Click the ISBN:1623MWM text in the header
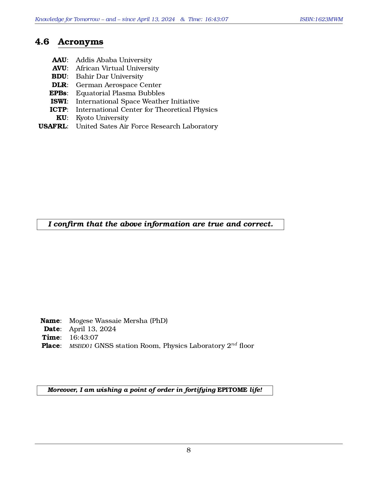pos(321,19)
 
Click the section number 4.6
pos(42,42)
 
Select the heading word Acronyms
pos(81,42)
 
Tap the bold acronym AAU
pos(59,60)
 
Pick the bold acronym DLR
pos(59,85)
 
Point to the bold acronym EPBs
pos(58,93)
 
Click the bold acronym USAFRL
pos(53,126)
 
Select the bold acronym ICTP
pos(58,110)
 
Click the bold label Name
pos(50,321)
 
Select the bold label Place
pos(51,346)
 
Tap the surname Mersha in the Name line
pos(136,321)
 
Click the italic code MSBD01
pos(81,346)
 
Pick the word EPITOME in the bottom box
pos(232,390)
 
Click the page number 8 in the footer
pos(189,450)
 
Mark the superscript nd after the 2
pos(234,344)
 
